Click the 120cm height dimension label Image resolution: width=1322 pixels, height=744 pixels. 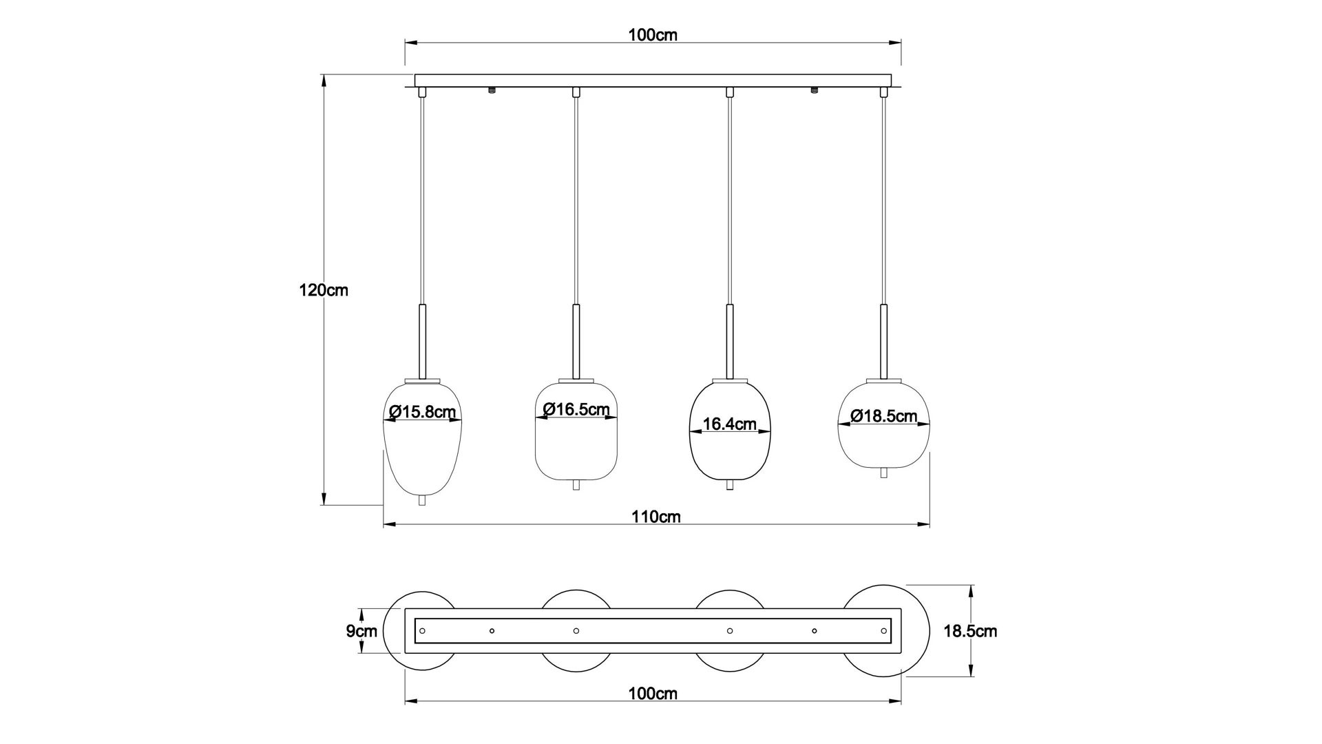[x=324, y=291]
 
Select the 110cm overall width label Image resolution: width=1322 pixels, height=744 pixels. [x=655, y=517]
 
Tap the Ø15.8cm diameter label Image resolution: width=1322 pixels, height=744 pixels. [x=422, y=412]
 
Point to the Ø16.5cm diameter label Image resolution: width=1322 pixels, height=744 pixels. [x=576, y=409]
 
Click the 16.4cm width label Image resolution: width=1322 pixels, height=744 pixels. [x=730, y=424]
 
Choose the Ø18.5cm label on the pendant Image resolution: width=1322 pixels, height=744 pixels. [x=883, y=415]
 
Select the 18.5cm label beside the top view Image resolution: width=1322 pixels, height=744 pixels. [x=969, y=631]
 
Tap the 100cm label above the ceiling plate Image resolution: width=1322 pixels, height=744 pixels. [x=653, y=35]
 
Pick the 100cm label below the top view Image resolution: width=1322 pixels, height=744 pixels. [x=653, y=694]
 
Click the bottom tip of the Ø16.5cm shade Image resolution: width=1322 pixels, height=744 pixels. [x=576, y=485]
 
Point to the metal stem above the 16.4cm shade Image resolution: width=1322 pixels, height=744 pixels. [x=730, y=341]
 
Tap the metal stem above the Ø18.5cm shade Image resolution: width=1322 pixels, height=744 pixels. [x=883, y=341]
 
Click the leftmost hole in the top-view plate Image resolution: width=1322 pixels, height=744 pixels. [x=423, y=630]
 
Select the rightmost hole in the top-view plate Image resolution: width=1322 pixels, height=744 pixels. [x=883, y=630]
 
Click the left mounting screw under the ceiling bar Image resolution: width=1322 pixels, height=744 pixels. [x=492, y=90]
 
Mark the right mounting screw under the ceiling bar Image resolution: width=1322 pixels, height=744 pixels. [x=814, y=90]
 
